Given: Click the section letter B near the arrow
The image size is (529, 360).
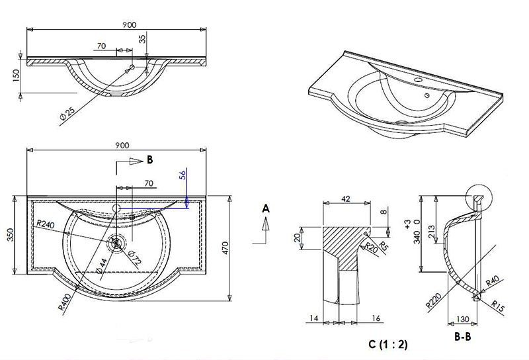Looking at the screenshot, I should pos(149,160).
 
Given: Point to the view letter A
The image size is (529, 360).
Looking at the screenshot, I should pos(266,208).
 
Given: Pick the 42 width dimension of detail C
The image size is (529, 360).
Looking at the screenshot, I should pos(346,197).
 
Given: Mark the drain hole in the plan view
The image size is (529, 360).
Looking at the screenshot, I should pos(118,243).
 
